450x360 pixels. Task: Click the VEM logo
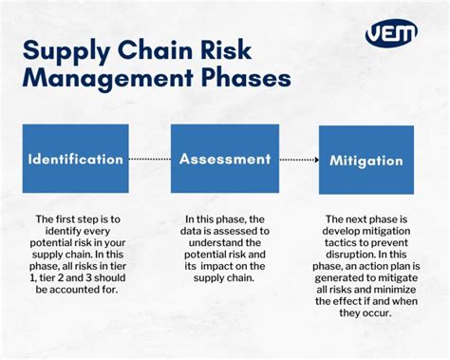pyautogui.click(x=391, y=33)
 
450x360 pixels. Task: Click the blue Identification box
pyautogui.click(x=75, y=159)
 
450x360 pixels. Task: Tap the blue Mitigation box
pyautogui.click(x=366, y=160)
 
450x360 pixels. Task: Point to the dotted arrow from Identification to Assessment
pyautogui.click(x=149, y=160)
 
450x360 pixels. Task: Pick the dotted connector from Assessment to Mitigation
pyautogui.click(x=297, y=160)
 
